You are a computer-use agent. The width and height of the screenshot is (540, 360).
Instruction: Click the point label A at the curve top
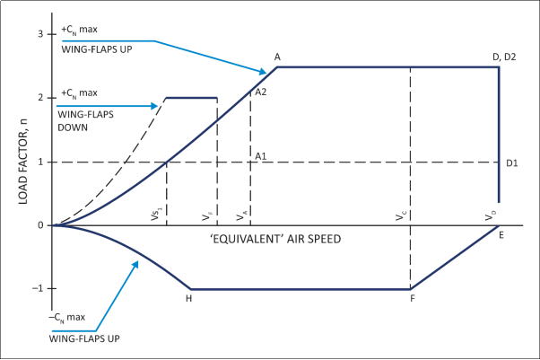tap(278, 57)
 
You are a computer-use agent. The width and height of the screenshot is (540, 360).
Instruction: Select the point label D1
tap(512, 162)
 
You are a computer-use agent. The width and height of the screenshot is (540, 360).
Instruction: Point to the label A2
tap(261, 92)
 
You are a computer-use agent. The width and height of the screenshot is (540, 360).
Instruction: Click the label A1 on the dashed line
tap(261, 156)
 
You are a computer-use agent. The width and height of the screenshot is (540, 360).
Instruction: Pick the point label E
tap(501, 235)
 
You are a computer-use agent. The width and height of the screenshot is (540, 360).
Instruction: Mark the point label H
tap(189, 298)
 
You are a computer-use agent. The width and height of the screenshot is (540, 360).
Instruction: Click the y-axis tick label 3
tap(39, 34)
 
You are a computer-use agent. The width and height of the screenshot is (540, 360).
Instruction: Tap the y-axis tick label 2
tap(39, 98)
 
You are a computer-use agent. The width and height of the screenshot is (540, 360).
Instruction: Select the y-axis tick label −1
tap(37, 289)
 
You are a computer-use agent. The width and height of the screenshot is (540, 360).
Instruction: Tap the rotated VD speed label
tap(489, 216)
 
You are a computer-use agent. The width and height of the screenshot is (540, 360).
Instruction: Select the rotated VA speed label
tap(240, 216)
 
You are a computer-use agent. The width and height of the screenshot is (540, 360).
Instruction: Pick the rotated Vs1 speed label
tap(156, 215)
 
